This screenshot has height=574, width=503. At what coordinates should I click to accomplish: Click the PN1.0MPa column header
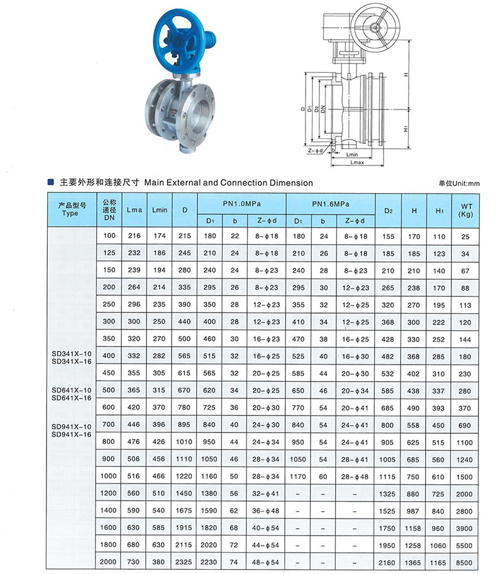pyautogui.click(x=241, y=204)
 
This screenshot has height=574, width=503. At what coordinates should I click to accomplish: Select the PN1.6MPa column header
pyautogui.click(x=331, y=204)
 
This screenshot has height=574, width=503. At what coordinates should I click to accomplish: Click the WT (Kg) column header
pyautogui.click(x=466, y=210)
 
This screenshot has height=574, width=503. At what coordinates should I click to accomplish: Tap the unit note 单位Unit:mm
pyautogui.click(x=459, y=183)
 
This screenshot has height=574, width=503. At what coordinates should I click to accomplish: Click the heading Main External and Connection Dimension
pyautogui.click(x=229, y=183)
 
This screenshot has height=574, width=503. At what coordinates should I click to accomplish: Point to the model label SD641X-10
pyautogui.click(x=71, y=390)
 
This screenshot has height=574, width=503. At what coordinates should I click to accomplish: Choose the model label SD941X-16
pyautogui.click(x=71, y=434)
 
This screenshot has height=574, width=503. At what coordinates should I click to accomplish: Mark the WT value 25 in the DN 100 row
pyautogui.click(x=466, y=236)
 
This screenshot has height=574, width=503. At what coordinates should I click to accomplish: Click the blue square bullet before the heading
pyautogui.click(x=50, y=183)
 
